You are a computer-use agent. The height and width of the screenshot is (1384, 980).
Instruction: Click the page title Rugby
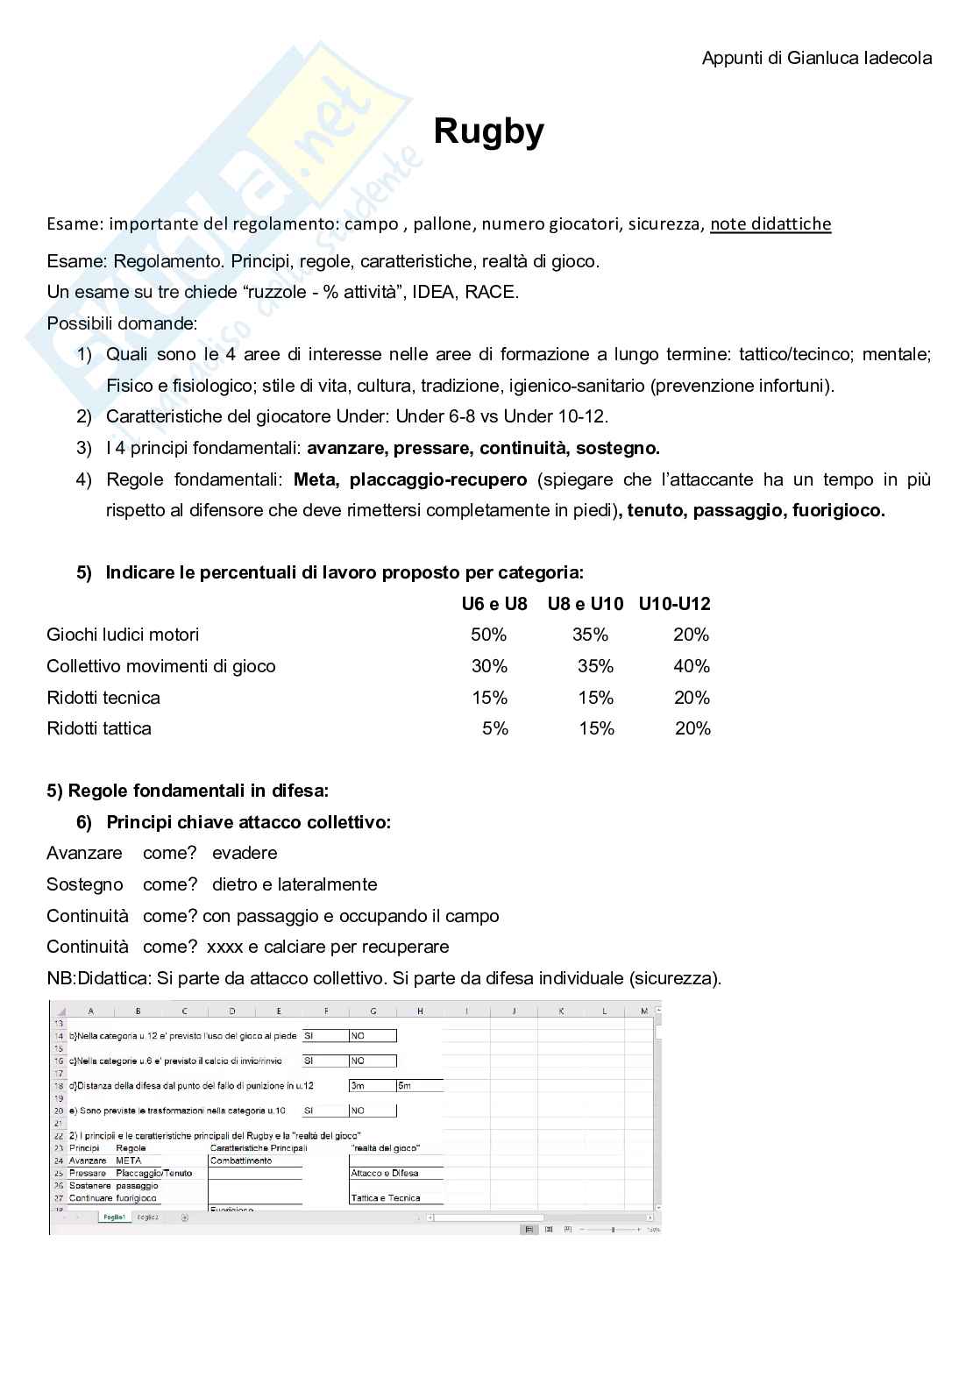pos(488,131)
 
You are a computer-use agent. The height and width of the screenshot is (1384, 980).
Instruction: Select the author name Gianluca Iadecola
pos(859,59)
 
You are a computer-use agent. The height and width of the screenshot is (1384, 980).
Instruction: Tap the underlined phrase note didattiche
pos(771,224)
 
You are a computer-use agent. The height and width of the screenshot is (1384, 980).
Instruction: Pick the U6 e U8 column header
pos(494,604)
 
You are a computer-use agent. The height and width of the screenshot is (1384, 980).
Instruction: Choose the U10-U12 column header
pos(674,604)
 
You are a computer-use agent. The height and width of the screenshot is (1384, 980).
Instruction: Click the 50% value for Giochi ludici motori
pos(488,635)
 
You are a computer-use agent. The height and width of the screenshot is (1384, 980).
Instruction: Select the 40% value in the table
pos(691,666)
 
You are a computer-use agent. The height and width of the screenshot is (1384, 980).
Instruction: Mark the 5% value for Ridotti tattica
pos(494,728)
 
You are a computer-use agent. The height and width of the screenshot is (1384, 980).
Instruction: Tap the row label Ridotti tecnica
pos(103,698)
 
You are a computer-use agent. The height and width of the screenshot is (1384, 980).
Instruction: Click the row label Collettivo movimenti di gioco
pos(161,666)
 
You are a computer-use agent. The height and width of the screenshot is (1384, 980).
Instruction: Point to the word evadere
pos(245,853)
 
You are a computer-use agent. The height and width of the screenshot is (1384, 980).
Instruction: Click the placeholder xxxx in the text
pos(224,947)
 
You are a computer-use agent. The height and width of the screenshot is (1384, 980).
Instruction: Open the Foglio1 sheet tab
pos(114,1217)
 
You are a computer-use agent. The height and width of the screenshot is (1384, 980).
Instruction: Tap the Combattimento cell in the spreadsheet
pos(241,1160)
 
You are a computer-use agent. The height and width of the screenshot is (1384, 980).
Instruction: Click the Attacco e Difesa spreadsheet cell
pos(384,1173)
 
